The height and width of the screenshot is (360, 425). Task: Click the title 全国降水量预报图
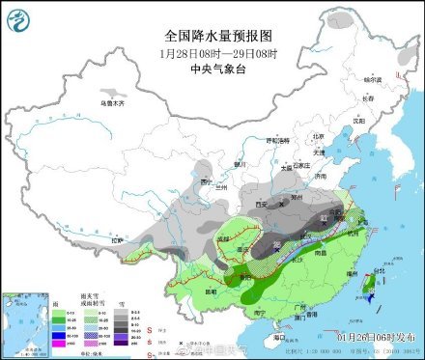pos(212,35)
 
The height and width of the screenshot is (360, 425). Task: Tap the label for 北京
pos(319,136)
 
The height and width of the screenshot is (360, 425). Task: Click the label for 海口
pos(280,335)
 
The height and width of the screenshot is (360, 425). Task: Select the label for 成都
pos(224,236)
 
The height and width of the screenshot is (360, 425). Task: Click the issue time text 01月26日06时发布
pos(373,338)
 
